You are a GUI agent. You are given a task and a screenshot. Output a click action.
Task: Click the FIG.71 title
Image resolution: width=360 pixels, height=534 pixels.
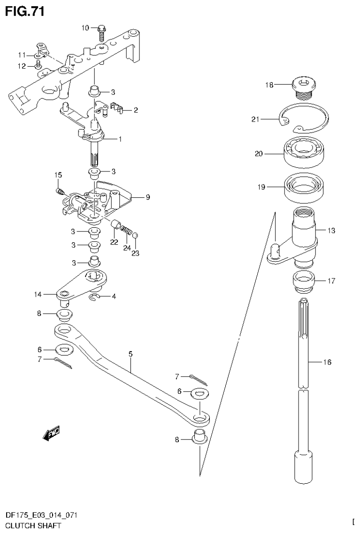pos(25,11)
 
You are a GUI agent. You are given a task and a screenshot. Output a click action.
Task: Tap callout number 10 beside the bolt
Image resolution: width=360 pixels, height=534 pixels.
pos(85,28)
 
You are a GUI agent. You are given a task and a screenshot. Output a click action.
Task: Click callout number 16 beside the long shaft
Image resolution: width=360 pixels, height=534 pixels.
pos(327,362)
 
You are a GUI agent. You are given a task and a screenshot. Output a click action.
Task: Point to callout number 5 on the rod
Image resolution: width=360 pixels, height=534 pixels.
pos(130,354)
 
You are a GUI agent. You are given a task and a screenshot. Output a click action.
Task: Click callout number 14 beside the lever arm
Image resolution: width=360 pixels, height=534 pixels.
pos(38,294)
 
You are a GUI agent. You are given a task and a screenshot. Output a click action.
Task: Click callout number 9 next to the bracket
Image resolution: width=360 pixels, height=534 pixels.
pos(147,197)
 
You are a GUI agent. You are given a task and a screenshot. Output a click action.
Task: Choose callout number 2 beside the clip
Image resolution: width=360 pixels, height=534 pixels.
pos(135,111)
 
